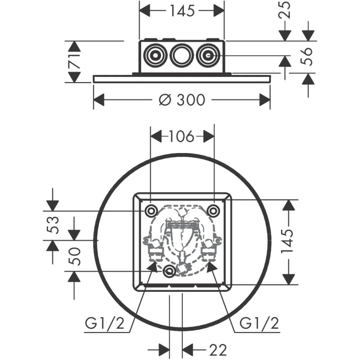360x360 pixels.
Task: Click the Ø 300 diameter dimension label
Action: click(x=181, y=100)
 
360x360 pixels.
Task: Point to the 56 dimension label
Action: click(x=307, y=56)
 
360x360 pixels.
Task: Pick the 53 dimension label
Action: click(x=53, y=225)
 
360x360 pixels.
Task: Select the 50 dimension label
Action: click(x=75, y=256)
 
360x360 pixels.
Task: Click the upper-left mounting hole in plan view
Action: click(x=150, y=210)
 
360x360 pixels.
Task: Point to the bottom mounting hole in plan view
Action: click(x=169, y=270)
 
